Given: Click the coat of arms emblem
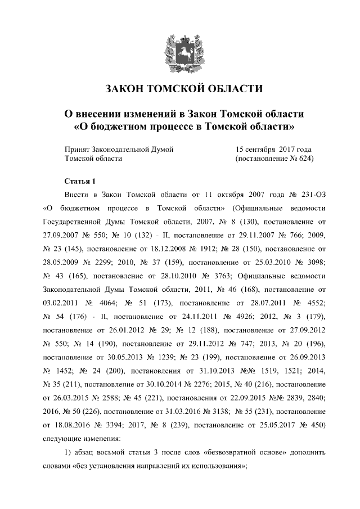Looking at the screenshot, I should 180,51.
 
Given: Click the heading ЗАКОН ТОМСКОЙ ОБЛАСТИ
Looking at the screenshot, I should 180,89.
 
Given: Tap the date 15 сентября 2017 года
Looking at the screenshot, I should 273,150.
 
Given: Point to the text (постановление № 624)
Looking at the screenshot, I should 273,159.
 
